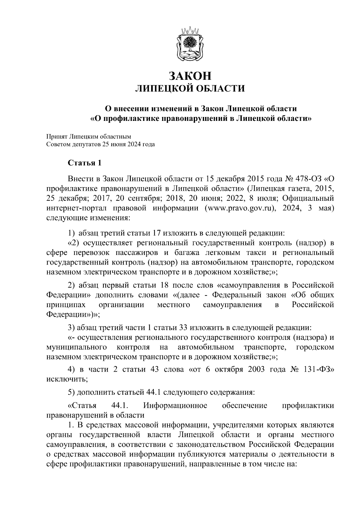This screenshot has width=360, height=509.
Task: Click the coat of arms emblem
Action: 189,43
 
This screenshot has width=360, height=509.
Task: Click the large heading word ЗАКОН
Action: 190,76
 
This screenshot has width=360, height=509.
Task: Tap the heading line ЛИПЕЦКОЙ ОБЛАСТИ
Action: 189,88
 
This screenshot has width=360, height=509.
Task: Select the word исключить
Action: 67,379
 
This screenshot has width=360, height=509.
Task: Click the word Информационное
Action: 175,406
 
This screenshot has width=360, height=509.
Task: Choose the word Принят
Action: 56,137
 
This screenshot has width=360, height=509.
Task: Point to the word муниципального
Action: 77,347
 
